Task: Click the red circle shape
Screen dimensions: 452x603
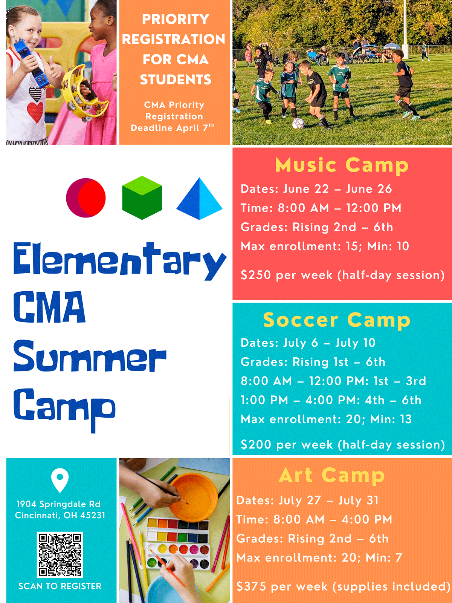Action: [86, 198]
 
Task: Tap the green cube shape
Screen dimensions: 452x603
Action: [142, 198]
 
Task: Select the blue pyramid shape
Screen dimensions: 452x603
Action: [199, 199]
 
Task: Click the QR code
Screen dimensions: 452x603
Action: [60, 555]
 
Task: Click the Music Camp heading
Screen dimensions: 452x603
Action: [342, 165]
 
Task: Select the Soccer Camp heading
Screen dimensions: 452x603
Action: [336, 320]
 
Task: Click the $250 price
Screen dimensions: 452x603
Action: [256, 275]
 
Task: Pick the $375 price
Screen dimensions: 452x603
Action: [251, 586]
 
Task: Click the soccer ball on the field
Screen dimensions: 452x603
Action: [298, 123]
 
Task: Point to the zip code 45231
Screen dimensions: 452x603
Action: [93, 515]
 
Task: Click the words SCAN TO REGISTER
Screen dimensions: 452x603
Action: [60, 586]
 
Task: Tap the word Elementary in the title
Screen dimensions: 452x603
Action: [120, 261]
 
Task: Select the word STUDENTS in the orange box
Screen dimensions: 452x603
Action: [176, 80]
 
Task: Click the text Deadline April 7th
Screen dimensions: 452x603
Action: [173, 128]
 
